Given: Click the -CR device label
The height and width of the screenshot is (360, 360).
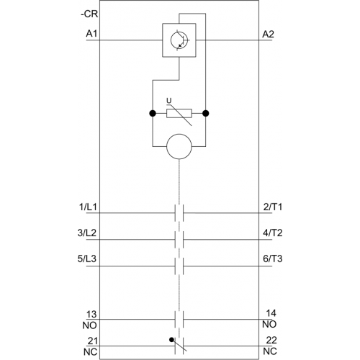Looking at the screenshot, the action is coord(89,14).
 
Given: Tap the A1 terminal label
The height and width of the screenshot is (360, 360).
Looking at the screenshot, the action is coord(91,34).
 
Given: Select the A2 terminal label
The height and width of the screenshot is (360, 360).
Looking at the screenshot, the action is coord(268,35).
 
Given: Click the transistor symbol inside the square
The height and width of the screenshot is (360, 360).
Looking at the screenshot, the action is coord(179,40).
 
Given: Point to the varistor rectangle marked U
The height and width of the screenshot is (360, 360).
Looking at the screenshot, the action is coord(179,113).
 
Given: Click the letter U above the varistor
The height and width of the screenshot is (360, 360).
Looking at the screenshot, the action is coord(169,101).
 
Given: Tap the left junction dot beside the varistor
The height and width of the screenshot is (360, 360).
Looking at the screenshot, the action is coord(153,113).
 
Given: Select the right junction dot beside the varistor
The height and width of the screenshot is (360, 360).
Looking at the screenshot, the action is coord(206,113).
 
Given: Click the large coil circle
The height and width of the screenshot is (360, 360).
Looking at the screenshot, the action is coord(179,146).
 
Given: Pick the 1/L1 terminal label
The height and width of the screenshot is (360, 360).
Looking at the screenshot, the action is coord(88,207).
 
